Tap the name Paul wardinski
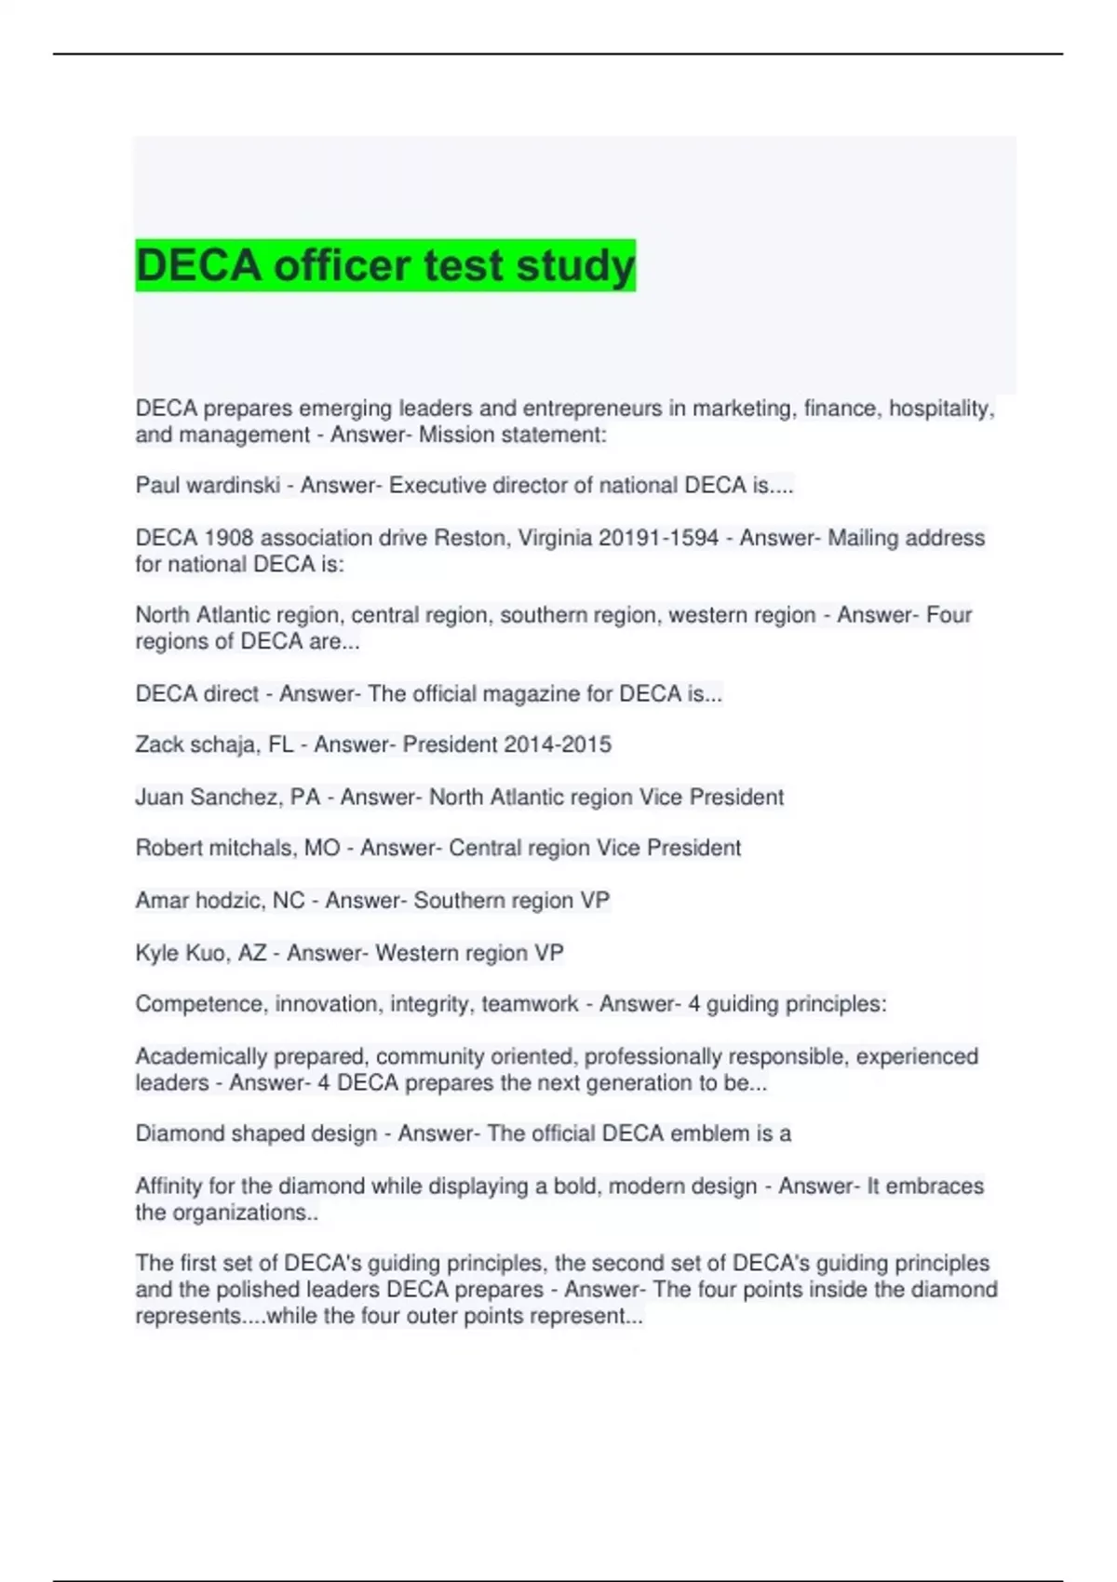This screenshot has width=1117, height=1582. (x=207, y=486)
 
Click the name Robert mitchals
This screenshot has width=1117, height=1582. (x=214, y=849)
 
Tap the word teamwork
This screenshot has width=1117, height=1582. (x=529, y=1005)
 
